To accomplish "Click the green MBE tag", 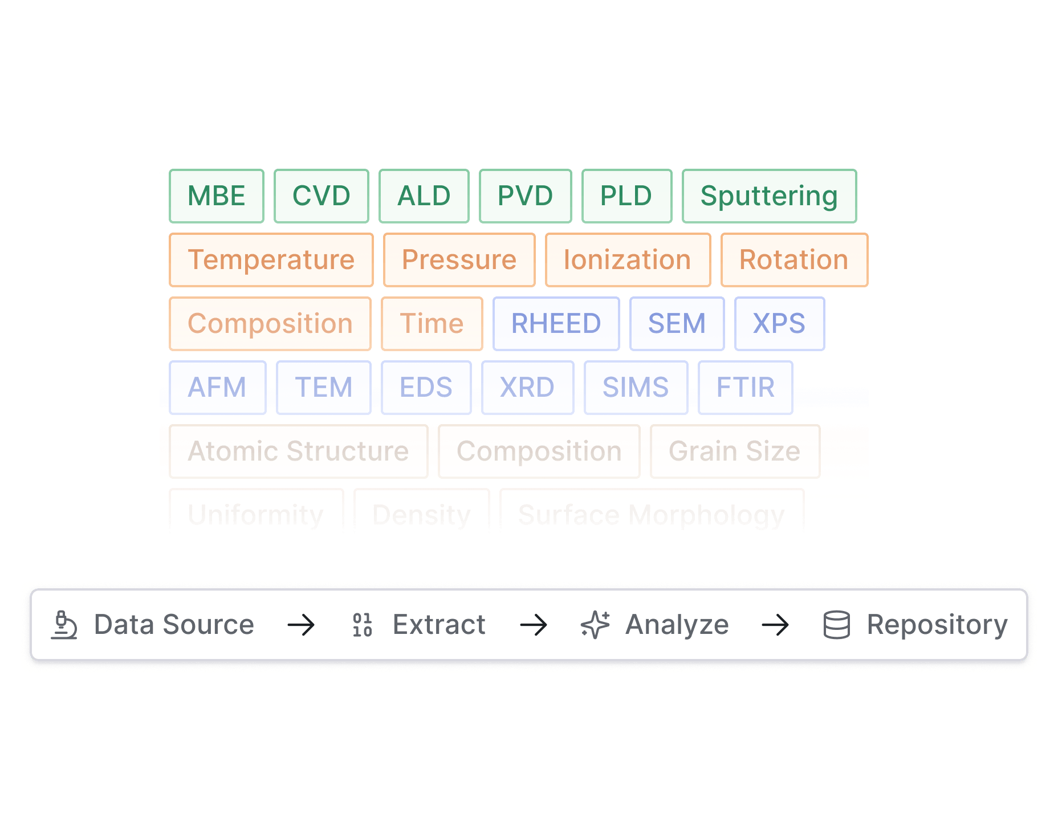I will pyautogui.click(x=217, y=196).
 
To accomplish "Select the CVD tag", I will pyautogui.click(x=321, y=196).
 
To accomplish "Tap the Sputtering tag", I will pyautogui.click(x=769, y=196).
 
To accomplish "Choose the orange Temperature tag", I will pyautogui.click(x=271, y=260).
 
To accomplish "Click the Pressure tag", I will pyautogui.click(x=459, y=260).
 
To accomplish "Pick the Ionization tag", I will pyautogui.click(x=628, y=260).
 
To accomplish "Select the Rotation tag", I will pyautogui.click(x=794, y=260).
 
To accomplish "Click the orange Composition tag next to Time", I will pyautogui.click(x=270, y=324).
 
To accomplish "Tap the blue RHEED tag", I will pyautogui.click(x=556, y=324).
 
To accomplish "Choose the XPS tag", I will pyautogui.click(x=779, y=324).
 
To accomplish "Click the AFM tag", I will pyautogui.click(x=217, y=388).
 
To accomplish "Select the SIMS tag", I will pyautogui.click(x=636, y=388).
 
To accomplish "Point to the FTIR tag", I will pyautogui.click(x=745, y=388).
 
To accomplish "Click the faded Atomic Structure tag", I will pyautogui.click(x=298, y=451).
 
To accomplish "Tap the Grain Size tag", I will pyautogui.click(x=735, y=451).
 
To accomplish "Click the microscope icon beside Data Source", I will pyautogui.click(x=64, y=625).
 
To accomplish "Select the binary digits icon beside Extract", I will pyautogui.click(x=363, y=625).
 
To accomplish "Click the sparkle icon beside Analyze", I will pyautogui.click(x=595, y=625).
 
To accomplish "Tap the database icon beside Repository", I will pyautogui.click(x=836, y=625).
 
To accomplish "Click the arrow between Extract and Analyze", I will pyautogui.click(x=534, y=625).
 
